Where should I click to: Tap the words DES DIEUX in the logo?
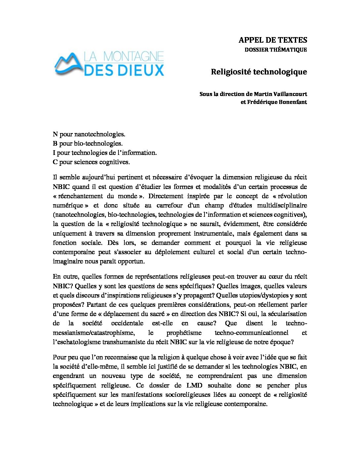pos(124,70)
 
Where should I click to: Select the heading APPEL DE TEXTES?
pos(273,40)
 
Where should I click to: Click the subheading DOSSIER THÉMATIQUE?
pos(276,50)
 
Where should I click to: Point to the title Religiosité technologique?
pos(259,72)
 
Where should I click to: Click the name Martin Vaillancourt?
pos(280,94)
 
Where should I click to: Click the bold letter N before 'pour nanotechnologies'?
pos(55,134)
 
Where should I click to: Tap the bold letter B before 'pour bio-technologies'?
pos(55,143)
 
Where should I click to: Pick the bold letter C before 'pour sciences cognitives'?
pos(55,162)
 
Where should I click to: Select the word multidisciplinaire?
pos(282,205)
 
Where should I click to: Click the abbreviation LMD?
pos(194,385)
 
